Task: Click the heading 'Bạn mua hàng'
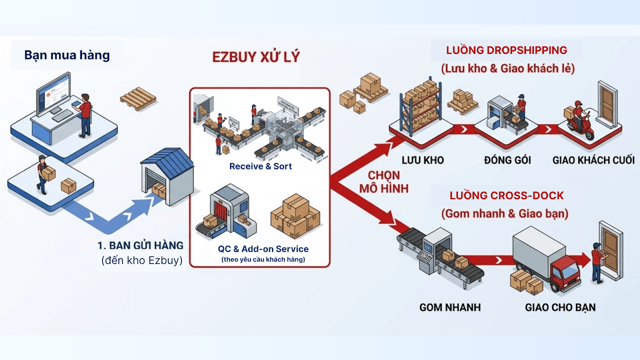tap(67, 55)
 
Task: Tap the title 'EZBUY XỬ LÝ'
tap(256, 57)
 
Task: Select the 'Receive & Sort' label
tap(260, 166)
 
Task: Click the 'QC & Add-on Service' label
tap(263, 249)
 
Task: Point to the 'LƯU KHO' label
tap(423, 160)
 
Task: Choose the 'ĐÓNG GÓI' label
tap(507, 160)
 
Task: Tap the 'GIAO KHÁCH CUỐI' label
tap(594, 160)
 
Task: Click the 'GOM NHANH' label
tap(450, 308)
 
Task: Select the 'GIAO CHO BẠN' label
tap(560, 308)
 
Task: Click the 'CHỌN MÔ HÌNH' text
tap(384, 182)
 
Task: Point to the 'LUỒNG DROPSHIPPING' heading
tap(507, 50)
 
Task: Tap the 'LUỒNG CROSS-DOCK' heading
tap(507, 196)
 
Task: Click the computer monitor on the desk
tap(53, 93)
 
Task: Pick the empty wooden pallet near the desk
tap(138, 98)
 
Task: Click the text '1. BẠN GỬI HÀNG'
tap(140, 246)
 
